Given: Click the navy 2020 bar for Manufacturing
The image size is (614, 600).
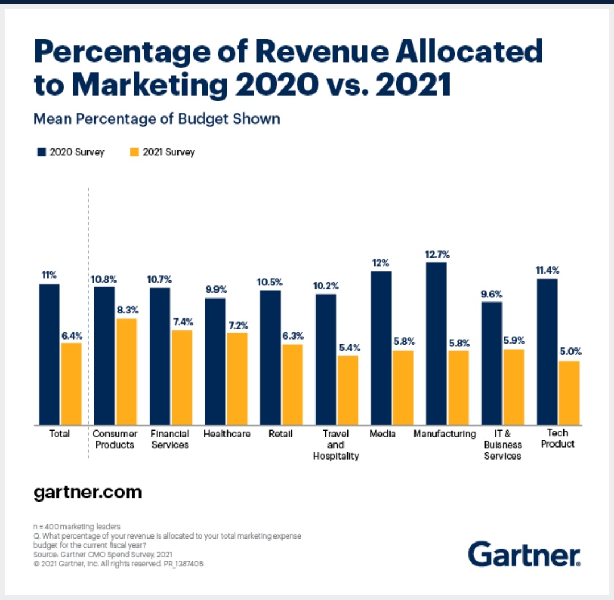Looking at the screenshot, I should pyautogui.click(x=436, y=344).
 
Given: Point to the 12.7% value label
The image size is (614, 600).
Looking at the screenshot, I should pyautogui.click(x=436, y=254).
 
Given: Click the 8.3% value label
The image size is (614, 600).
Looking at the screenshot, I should pyautogui.click(x=126, y=311).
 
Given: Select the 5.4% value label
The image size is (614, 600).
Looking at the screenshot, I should pyautogui.click(x=348, y=347).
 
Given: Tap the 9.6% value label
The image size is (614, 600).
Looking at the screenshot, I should pyautogui.click(x=492, y=294).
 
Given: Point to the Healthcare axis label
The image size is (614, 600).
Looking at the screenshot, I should pyautogui.click(x=227, y=434).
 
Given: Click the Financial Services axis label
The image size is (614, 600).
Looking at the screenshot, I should pyautogui.click(x=170, y=439).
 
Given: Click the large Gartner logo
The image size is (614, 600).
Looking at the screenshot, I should pyautogui.click(x=524, y=554).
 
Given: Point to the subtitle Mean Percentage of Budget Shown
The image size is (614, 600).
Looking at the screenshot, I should pyautogui.click(x=157, y=119).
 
